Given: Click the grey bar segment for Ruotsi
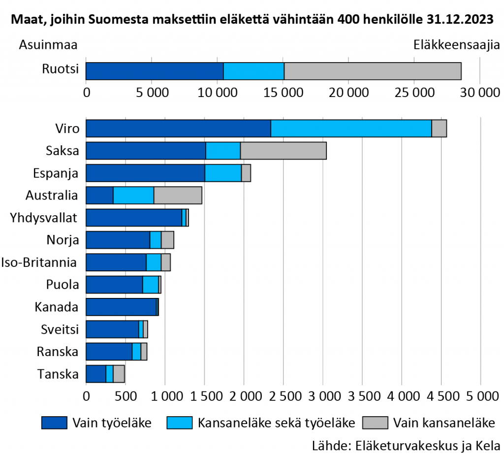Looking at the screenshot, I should click(x=373, y=71).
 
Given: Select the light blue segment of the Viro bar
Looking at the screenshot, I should click(x=351, y=128).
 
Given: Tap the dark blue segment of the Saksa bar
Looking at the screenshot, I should click(x=146, y=151).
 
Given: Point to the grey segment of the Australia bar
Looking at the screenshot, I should click(x=178, y=196).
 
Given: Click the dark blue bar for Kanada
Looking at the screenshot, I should click(x=121, y=307).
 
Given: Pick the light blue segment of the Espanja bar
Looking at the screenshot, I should click(x=223, y=173).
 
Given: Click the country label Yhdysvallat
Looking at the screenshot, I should click(x=43, y=217).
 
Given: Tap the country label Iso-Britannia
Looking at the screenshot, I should click(x=39, y=262).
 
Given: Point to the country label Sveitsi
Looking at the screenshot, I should click(x=58, y=329).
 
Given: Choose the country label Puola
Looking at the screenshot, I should click(x=62, y=285).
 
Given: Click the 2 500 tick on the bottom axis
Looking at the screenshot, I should click(x=283, y=396).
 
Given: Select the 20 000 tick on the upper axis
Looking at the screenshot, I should click(x=348, y=93).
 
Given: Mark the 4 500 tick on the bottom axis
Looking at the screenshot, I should click(x=441, y=396).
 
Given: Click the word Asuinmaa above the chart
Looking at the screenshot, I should click(x=48, y=45).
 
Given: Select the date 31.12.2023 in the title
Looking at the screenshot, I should click(x=461, y=20).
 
